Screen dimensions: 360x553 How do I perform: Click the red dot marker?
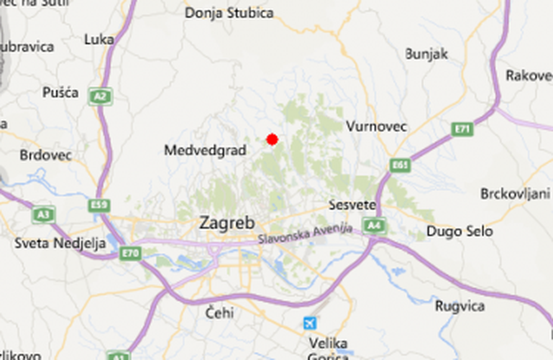pyautogui.click(x=272, y=140)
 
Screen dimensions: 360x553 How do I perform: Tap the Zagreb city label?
pyautogui.click(x=227, y=223)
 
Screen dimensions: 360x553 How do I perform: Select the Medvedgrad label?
pyautogui.click(x=205, y=150)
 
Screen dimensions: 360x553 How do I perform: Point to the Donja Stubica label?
pyautogui.click(x=229, y=13)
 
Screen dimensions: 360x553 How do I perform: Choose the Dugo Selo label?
pyautogui.click(x=459, y=231)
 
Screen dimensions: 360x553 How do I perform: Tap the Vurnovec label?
pyautogui.click(x=377, y=126)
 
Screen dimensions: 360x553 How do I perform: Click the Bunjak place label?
pyautogui.click(x=426, y=54)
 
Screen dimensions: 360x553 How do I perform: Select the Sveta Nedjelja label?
pyautogui.click(x=60, y=243)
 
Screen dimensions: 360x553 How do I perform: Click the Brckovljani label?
pyautogui.click(x=516, y=193)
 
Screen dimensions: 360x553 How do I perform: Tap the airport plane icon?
pyautogui.click(x=309, y=323)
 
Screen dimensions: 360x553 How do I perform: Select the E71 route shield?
pyautogui.click(x=462, y=129)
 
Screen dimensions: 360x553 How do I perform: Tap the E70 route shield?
pyautogui.click(x=130, y=253)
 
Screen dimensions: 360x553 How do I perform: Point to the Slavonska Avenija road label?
pyautogui.click(x=305, y=234)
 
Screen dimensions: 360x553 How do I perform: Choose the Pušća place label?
pyautogui.click(x=60, y=93)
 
